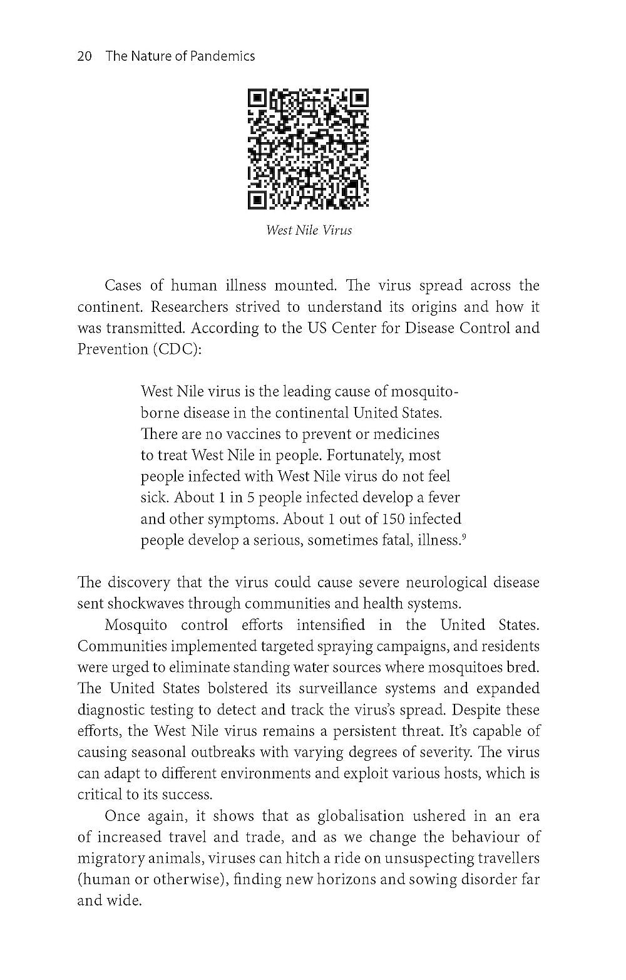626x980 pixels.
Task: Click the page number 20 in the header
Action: point(85,56)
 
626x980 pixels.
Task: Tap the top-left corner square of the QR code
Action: point(257,99)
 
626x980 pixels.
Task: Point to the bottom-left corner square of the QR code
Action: point(257,199)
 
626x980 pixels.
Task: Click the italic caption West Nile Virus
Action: point(309,230)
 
